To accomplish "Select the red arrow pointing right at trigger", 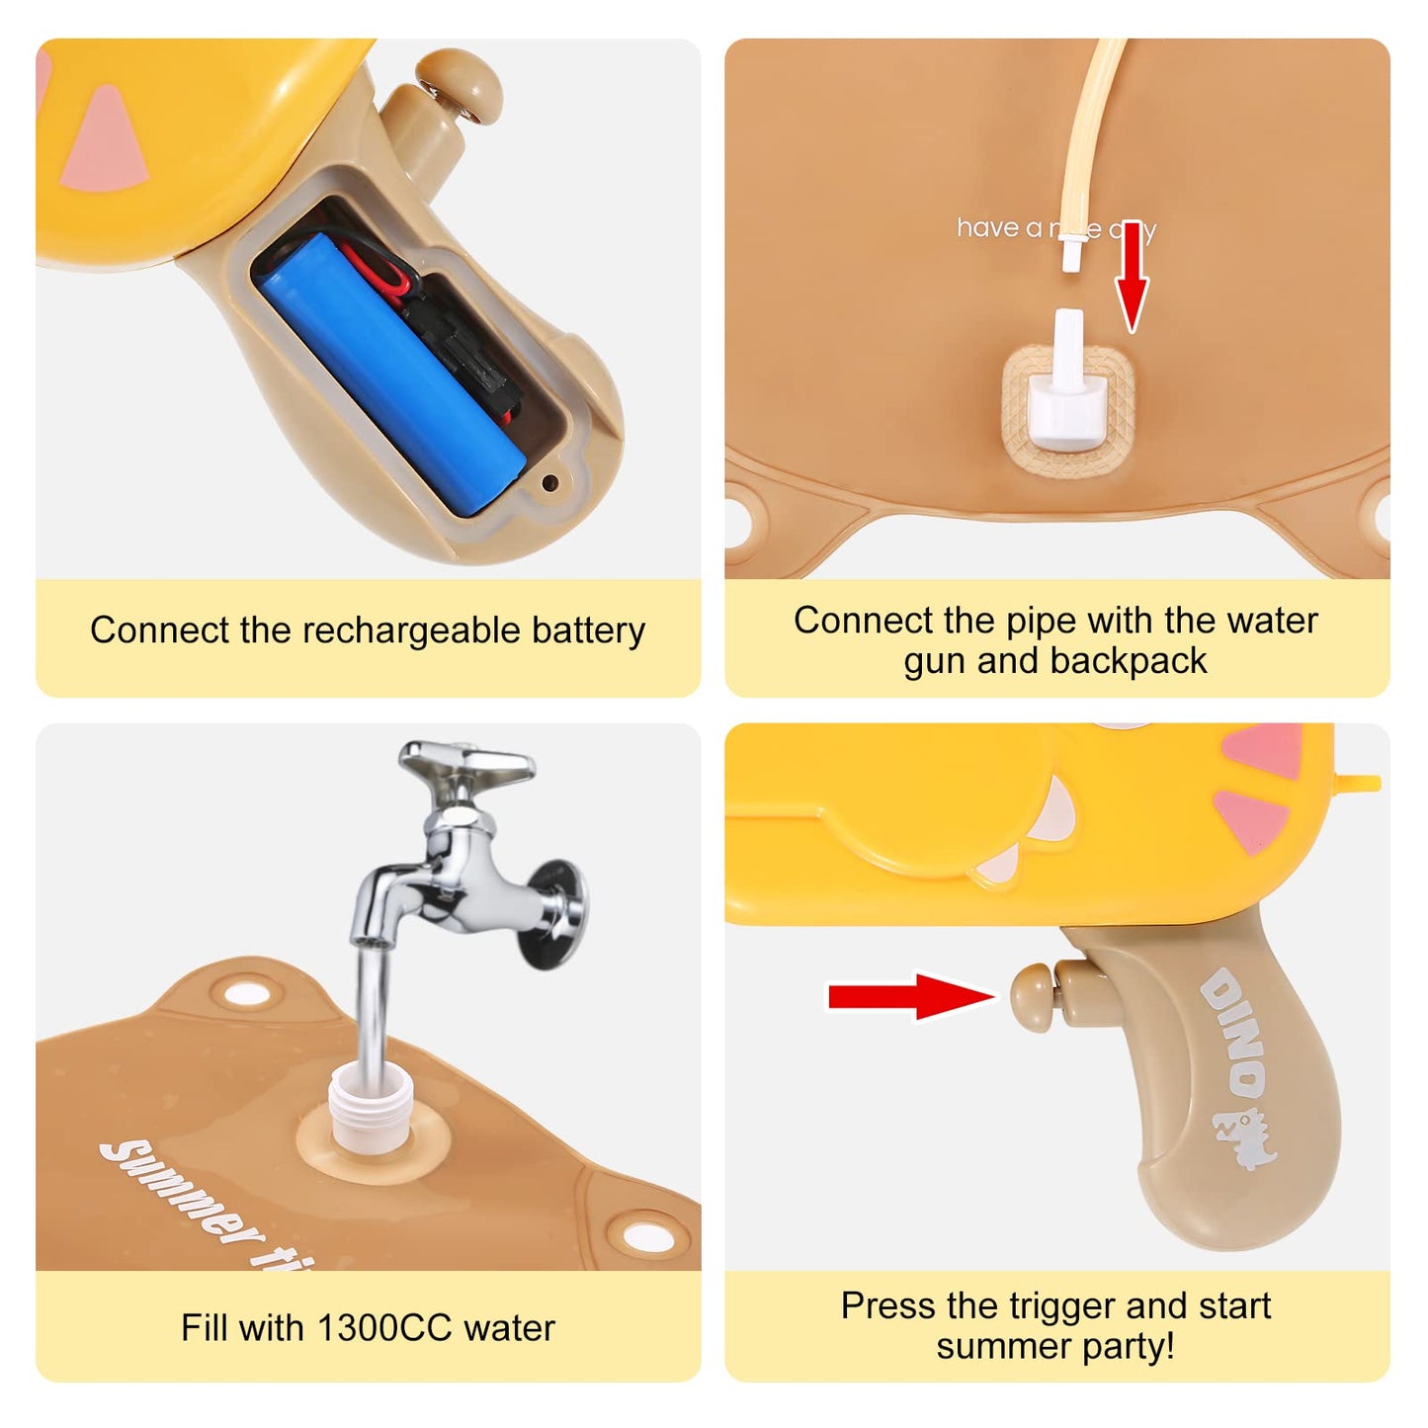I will coord(909,996).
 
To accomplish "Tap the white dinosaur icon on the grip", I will coord(1247,1137).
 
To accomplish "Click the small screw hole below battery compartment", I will coord(550,482).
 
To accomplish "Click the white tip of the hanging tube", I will coord(1067,259).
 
